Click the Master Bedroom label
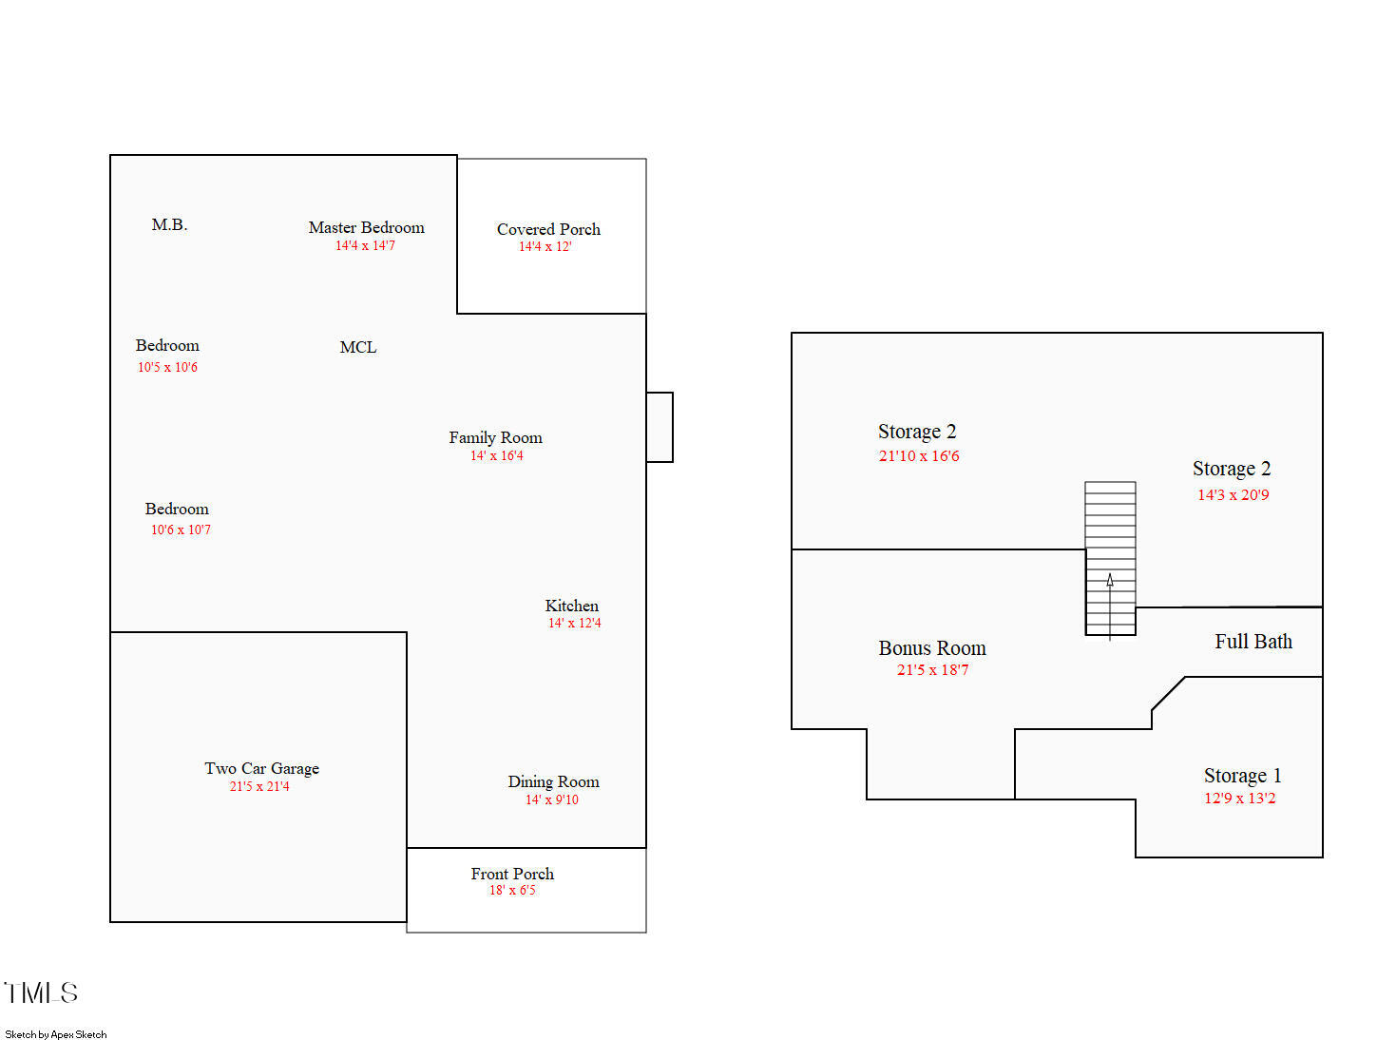[x=366, y=227]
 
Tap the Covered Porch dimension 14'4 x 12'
[x=545, y=247]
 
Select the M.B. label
[x=169, y=224]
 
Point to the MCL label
[x=358, y=347]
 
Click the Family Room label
[x=495, y=437]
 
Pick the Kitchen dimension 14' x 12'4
[x=574, y=624]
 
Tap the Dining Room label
[x=553, y=781]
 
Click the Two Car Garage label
[x=262, y=769]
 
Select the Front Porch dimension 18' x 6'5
[x=512, y=890]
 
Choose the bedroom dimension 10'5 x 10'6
[x=167, y=367]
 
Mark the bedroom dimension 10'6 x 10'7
[x=181, y=530]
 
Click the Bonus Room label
[x=932, y=648]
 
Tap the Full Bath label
[x=1253, y=642]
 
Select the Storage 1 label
[x=1242, y=776]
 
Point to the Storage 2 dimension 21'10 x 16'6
[x=919, y=455]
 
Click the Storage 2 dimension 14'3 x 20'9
[x=1233, y=495]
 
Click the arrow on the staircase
[x=1110, y=607]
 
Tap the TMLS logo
[x=41, y=992]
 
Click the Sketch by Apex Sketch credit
[x=56, y=1034]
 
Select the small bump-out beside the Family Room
[x=660, y=428]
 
